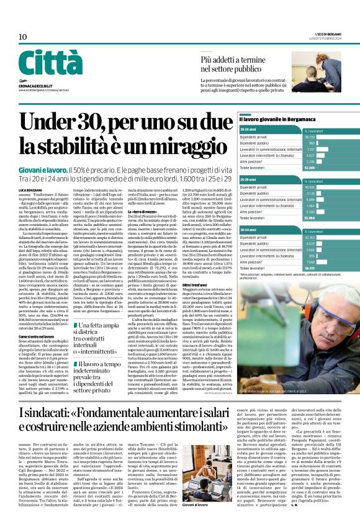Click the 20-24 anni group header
(x=250, y=127)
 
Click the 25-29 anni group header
(x=250, y=179)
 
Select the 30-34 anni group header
(x=250, y=230)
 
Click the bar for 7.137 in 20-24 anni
(x=320, y=149)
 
